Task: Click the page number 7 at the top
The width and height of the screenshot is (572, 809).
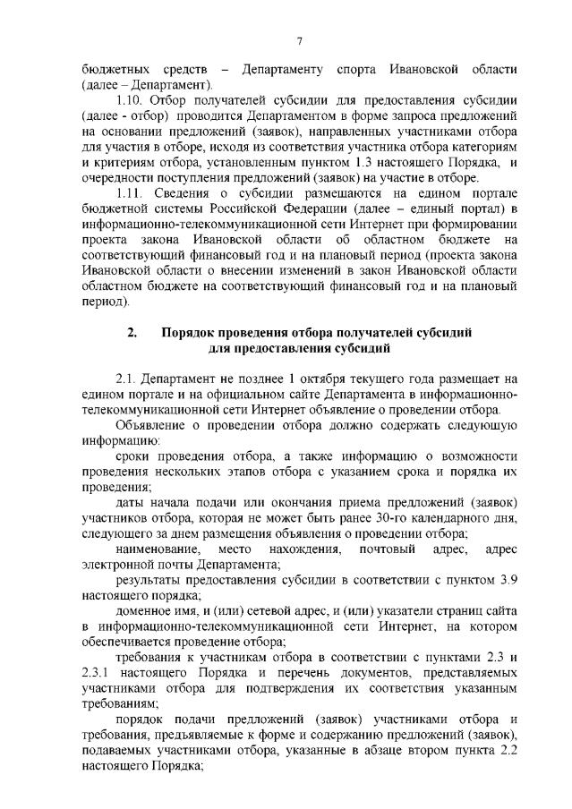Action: point(300,40)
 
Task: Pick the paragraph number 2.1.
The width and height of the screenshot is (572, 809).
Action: point(128,379)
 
